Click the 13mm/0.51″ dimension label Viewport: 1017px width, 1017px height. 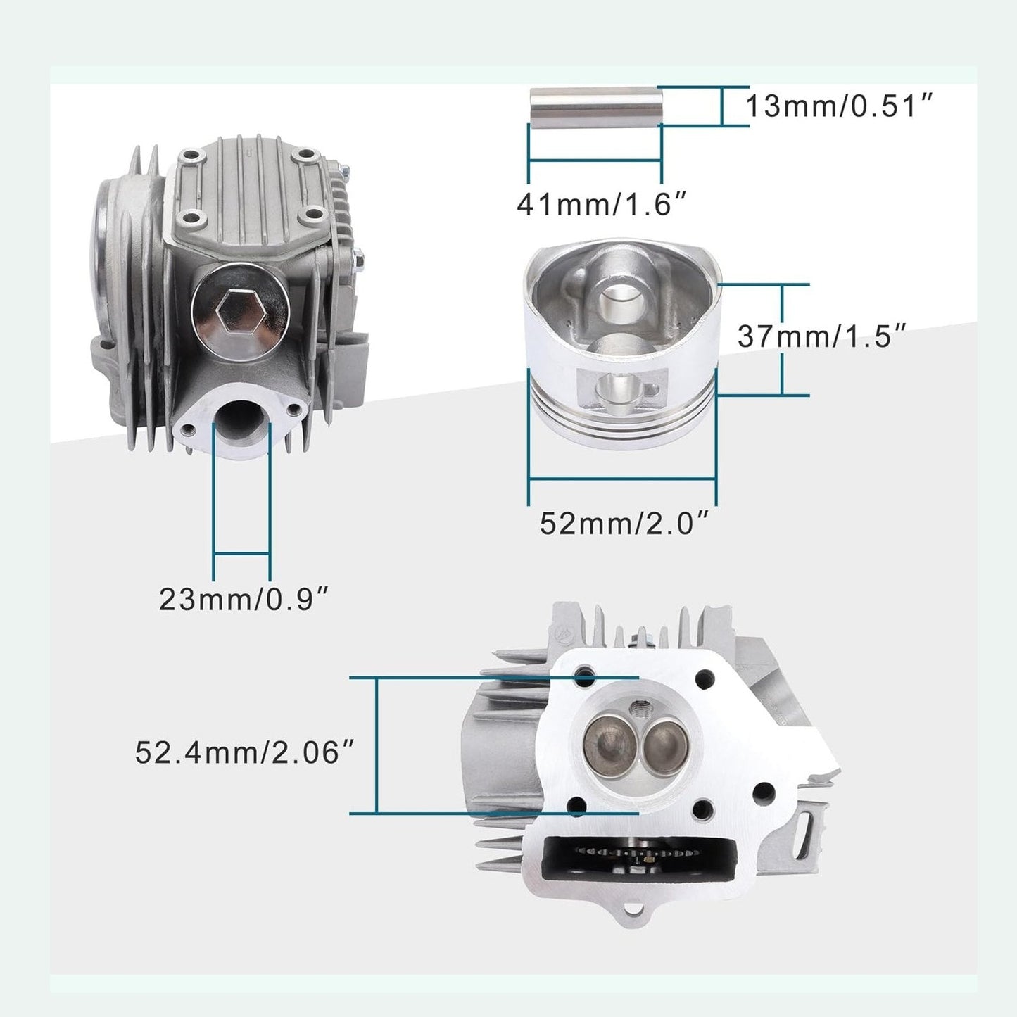(x=839, y=107)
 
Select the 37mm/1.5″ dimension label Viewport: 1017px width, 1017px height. (x=821, y=336)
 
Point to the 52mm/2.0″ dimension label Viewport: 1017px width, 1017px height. (x=623, y=524)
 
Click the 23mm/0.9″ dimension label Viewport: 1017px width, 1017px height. (x=244, y=600)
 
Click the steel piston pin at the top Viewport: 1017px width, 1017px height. (x=594, y=106)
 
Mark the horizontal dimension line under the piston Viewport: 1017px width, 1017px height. (x=622, y=479)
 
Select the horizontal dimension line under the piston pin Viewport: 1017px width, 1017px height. (x=594, y=160)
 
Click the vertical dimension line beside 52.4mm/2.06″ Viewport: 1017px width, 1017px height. (x=377, y=745)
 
